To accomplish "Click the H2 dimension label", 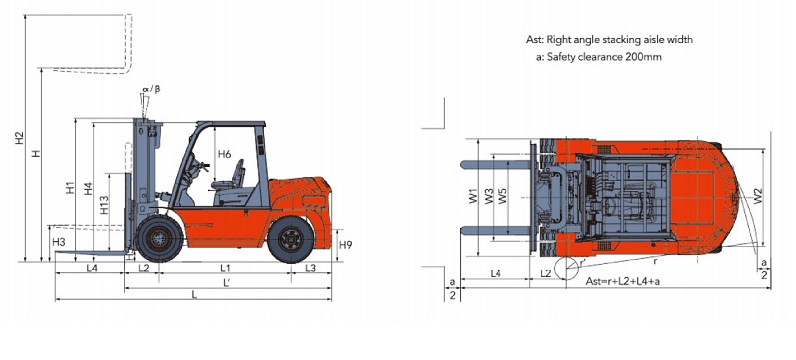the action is (x=19, y=138).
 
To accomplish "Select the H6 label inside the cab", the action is (x=225, y=154).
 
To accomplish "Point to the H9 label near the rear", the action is (x=345, y=245).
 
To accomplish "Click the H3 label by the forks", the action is (x=59, y=241).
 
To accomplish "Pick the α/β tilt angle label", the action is (x=151, y=90).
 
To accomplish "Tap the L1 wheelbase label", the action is (x=225, y=268).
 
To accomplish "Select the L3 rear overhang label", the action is (x=310, y=268).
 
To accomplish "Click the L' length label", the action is (x=227, y=283).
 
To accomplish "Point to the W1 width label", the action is (x=474, y=196).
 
